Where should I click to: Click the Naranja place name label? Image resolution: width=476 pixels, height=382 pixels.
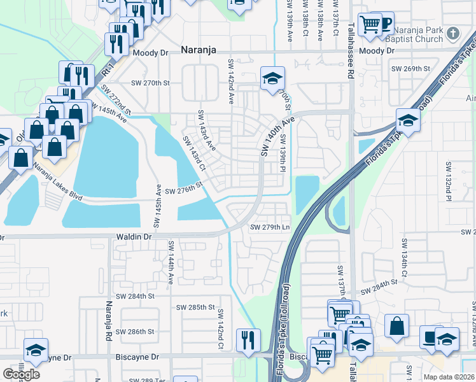coord(199,49)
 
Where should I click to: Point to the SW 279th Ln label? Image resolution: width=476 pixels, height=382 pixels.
coord(270,227)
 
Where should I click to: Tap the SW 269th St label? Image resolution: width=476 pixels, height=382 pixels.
coord(410,68)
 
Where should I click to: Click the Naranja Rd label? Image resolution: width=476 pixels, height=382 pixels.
coord(109,322)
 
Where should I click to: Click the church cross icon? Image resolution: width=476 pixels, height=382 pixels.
coord(452,32)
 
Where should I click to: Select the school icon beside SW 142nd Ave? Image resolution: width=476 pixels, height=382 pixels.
coord(272,79)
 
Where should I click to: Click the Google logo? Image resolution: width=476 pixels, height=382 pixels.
coord(21,374)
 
